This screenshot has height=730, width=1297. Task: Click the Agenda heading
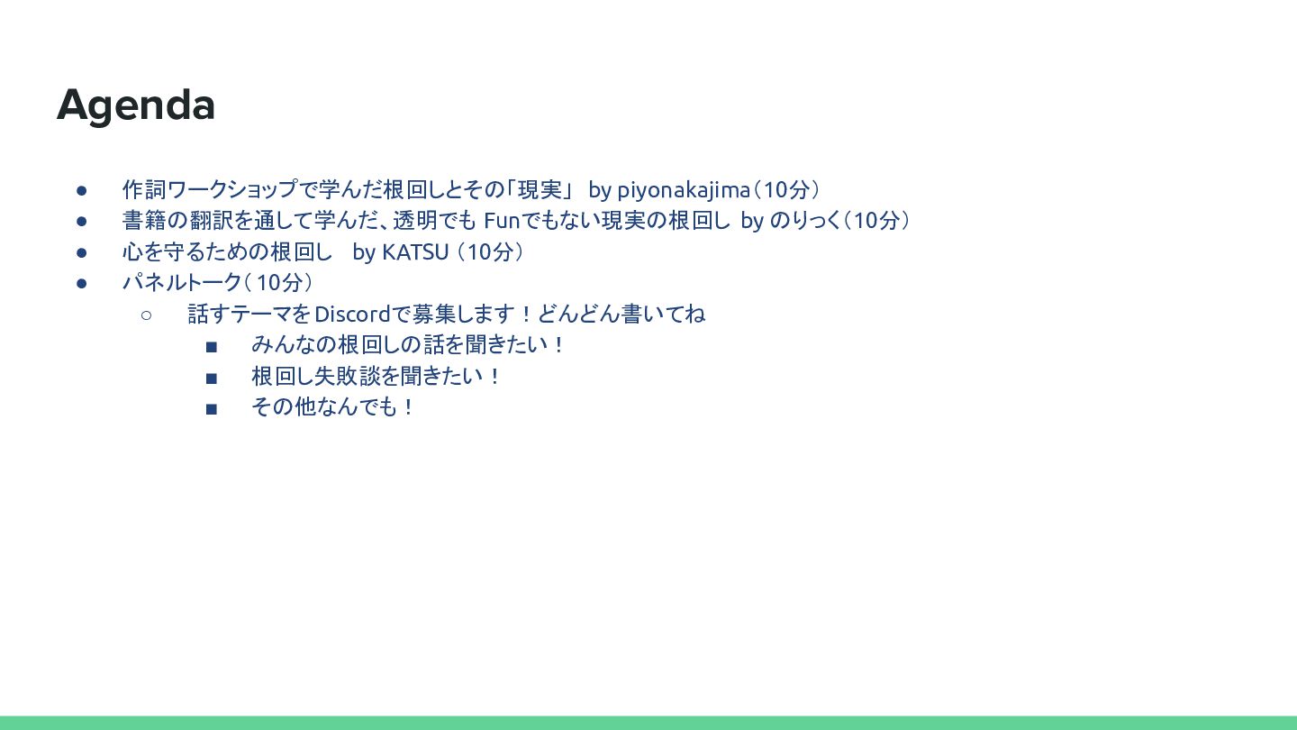coord(135,105)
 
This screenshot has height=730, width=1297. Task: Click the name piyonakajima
coord(684,190)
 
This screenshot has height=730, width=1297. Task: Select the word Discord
coord(353,314)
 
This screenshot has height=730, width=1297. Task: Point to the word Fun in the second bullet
coord(502,221)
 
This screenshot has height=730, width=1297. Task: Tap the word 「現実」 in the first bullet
coord(539,189)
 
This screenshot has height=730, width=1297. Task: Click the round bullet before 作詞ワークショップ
coord(82,191)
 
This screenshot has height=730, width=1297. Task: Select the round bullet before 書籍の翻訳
coord(82,222)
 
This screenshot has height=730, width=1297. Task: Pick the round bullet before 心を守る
coord(82,252)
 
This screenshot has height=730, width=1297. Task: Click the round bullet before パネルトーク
coord(82,283)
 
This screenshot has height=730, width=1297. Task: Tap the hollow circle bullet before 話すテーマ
coord(147,315)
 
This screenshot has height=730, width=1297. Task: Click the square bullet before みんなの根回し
coord(212,347)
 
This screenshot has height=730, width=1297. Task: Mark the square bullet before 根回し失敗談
coord(212,379)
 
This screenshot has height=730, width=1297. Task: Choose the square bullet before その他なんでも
coord(212,409)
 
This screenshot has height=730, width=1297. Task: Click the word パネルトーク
coord(182,283)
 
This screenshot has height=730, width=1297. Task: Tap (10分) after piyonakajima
coord(786,190)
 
